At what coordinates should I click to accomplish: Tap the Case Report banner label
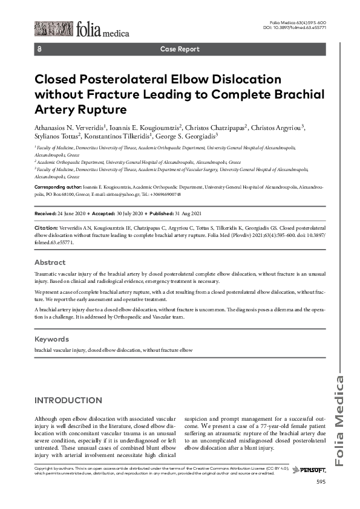click(180, 49)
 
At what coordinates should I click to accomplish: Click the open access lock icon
click(39, 49)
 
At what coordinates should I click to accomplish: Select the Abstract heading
click(50, 263)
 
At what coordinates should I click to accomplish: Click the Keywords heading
click(52, 339)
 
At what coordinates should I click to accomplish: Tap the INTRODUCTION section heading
click(68, 401)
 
